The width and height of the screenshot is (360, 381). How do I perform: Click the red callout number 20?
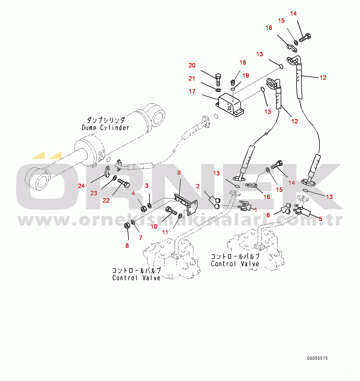[x=192, y=65]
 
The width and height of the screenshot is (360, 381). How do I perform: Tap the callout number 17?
[x=192, y=92]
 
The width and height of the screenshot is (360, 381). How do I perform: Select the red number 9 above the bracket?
[x=179, y=173]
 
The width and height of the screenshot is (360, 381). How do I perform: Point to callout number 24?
[x=81, y=186]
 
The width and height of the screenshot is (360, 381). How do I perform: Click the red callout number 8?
[x=127, y=246]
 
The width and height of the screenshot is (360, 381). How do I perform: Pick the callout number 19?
[x=246, y=76]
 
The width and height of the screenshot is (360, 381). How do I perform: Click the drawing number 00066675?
[x=317, y=358]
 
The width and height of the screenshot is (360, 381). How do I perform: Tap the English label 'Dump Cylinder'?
[x=105, y=127]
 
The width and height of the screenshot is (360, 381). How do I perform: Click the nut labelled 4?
[x=143, y=208]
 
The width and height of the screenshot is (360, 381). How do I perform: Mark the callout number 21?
[x=192, y=79]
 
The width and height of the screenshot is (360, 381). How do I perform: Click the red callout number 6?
[x=268, y=215]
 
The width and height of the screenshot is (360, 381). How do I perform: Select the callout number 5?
[x=320, y=219]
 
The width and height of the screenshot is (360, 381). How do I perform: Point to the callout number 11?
[x=165, y=232]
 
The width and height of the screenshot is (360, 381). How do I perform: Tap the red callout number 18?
[x=243, y=63]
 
